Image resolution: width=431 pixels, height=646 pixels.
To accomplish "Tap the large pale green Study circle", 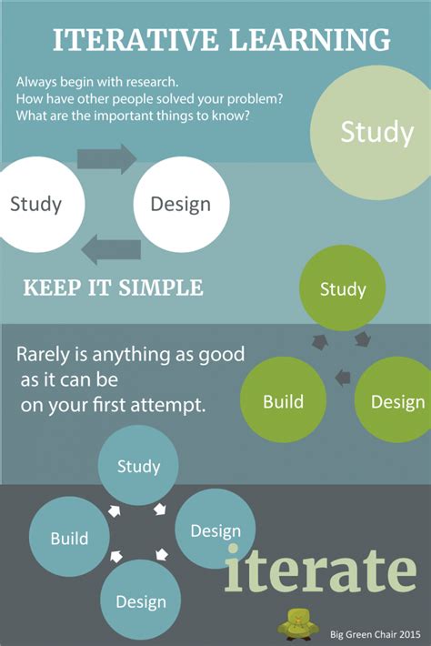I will [375, 133].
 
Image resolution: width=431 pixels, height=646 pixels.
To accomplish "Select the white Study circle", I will [36, 203].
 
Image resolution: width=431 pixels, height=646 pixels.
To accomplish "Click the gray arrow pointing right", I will [106, 159].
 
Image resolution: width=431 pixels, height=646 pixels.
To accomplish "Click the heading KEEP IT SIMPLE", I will [113, 288].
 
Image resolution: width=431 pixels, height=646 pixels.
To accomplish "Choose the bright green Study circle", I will [343, 289].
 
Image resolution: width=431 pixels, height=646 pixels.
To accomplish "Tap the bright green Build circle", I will [283, 400].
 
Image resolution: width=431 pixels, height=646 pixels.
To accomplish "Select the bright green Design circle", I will [396, 400].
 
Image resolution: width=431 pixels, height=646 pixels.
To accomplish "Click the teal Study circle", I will [138, 466].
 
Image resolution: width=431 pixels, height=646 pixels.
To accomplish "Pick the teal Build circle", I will [69, 538].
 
